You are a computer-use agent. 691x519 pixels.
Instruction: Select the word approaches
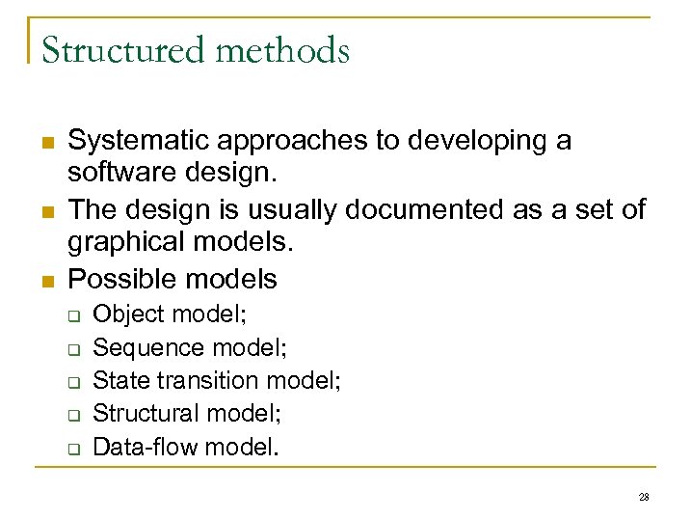293,141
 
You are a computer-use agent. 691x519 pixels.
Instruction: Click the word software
119,176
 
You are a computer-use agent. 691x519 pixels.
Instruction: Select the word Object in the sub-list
124,314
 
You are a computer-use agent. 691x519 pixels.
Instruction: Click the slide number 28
644,497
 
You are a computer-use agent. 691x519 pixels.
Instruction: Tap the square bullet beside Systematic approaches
46,143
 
